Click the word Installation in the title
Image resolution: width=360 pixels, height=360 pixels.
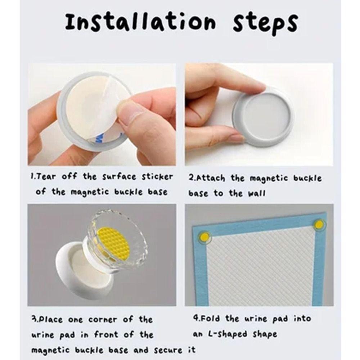click(x=140, y=22)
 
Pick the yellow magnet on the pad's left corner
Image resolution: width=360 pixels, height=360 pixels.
click(x=204, y=237)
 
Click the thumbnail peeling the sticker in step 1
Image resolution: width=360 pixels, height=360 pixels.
click(x=102, y=114)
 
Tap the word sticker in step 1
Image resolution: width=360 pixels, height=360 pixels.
click(x=156, y=177)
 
